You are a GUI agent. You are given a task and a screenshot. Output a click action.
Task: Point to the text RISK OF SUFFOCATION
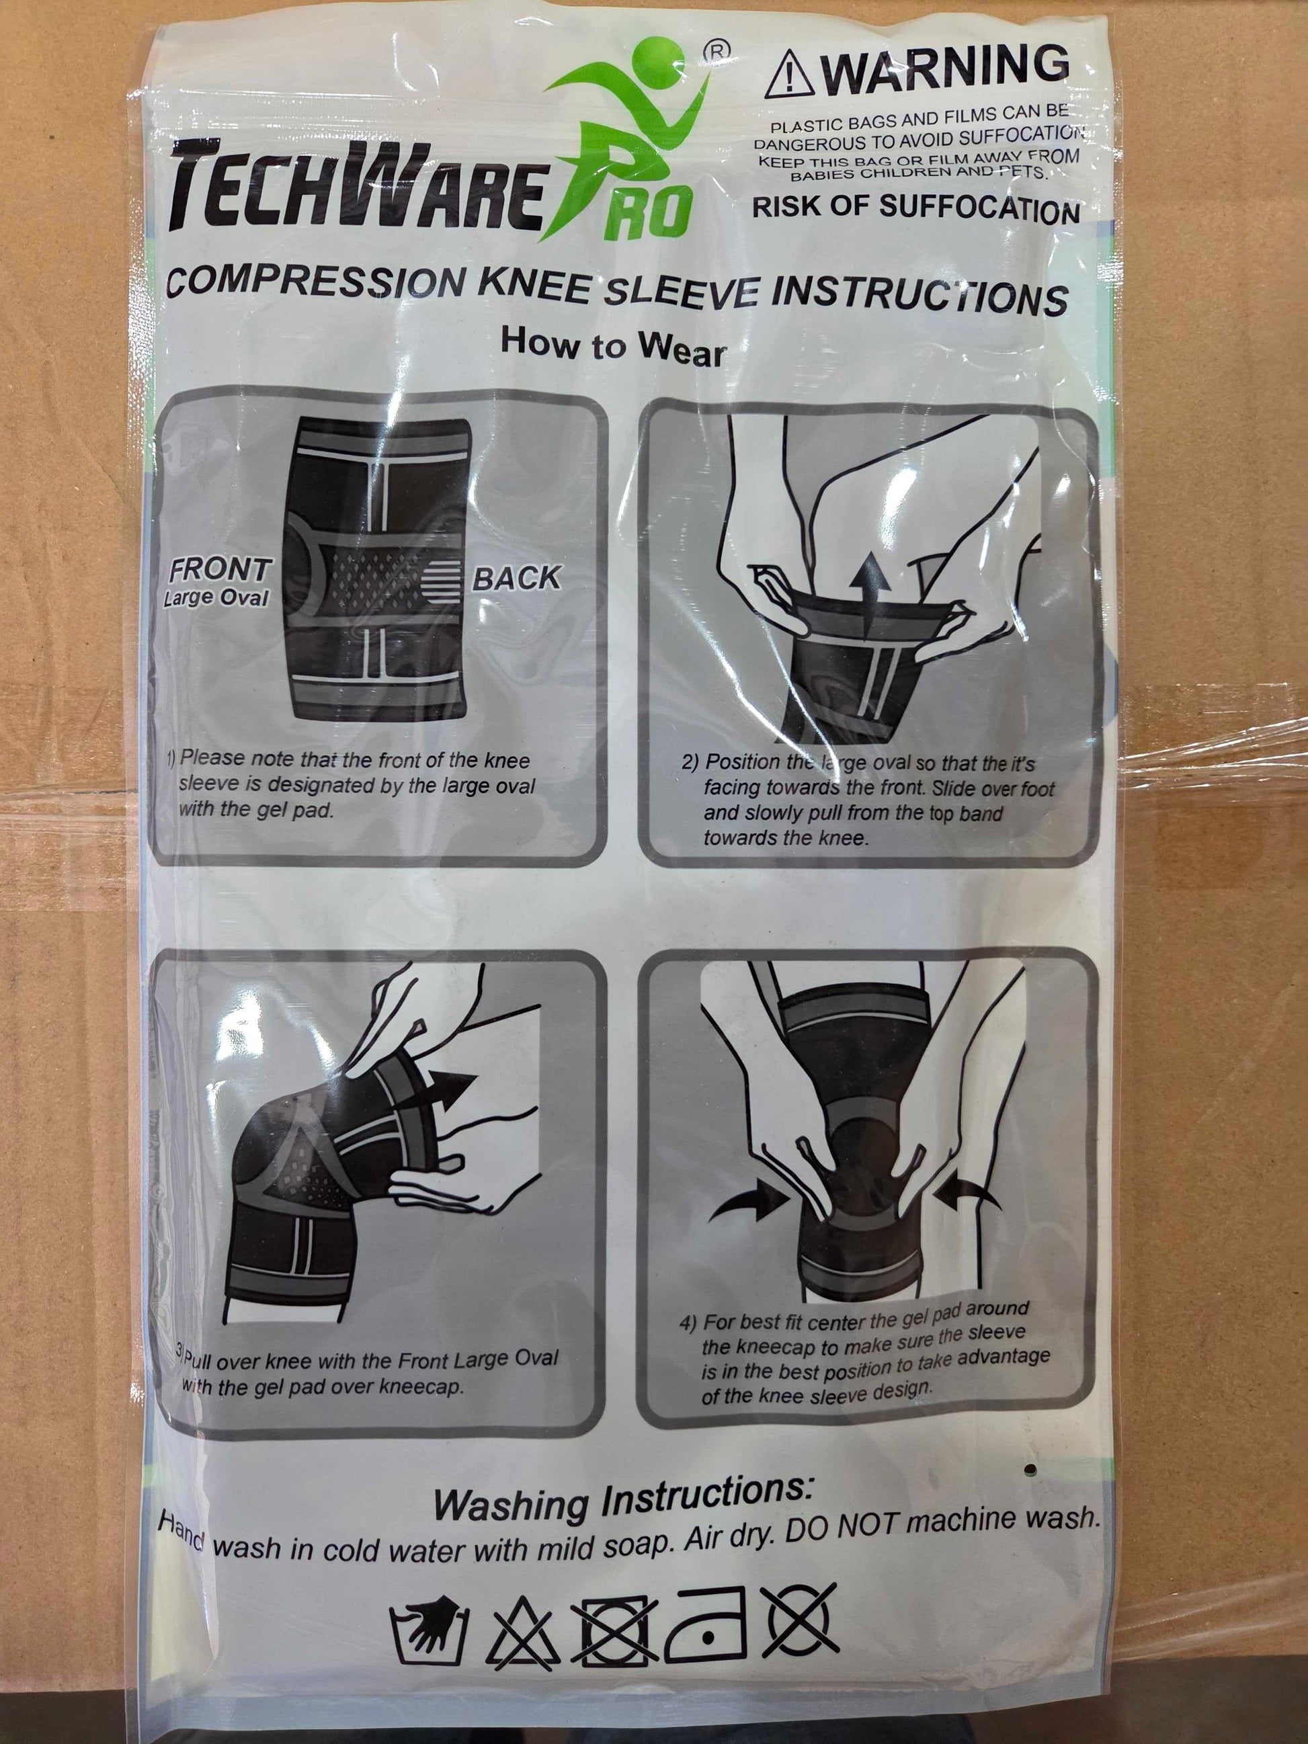coord(916,209)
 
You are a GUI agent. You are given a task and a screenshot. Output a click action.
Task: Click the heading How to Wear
coord(612,347)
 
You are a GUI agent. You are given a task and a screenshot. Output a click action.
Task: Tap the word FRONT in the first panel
coord(220,570)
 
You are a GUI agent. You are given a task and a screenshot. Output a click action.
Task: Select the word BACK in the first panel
coord(516,579)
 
